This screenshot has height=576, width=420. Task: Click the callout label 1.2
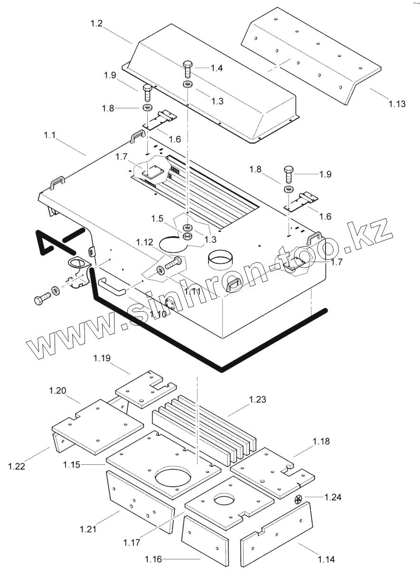[96, 24]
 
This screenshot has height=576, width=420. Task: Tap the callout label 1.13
[396, 104]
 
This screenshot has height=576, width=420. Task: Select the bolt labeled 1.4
[187, 69]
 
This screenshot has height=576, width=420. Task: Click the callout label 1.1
[50, 135]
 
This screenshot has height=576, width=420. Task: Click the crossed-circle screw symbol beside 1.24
[298, 499]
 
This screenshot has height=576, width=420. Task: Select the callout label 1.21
[89, 528]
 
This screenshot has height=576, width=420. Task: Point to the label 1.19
[102, 357]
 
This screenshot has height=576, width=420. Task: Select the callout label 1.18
[322, 442]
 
